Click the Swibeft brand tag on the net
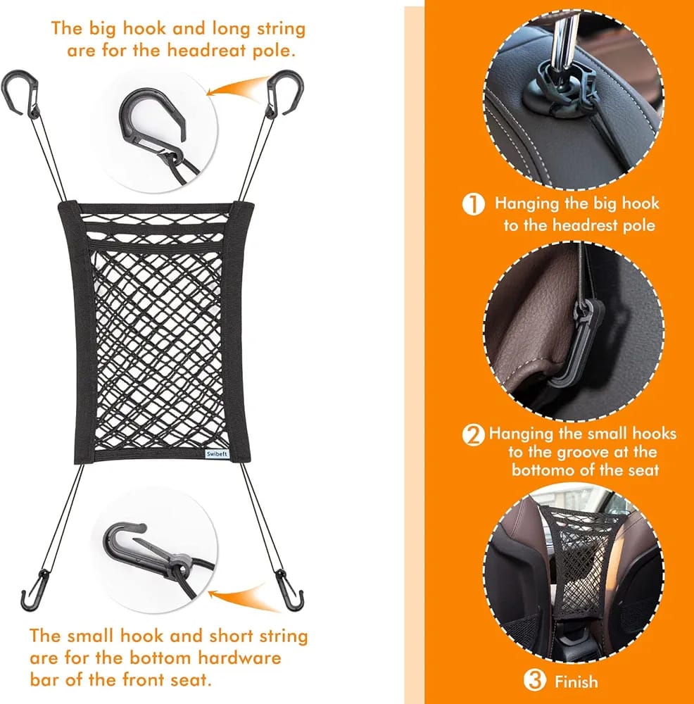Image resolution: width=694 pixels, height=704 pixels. click(x=217, y=454)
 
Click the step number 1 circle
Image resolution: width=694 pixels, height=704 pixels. click(x=473, y=204)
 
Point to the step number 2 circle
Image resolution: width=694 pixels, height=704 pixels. click(x=473, y=435)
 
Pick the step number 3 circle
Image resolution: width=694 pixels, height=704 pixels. click(x=535, y=680)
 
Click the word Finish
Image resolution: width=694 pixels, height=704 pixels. click(x=576, y=681)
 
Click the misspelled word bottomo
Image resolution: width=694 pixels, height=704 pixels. click(x=542, y=470)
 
